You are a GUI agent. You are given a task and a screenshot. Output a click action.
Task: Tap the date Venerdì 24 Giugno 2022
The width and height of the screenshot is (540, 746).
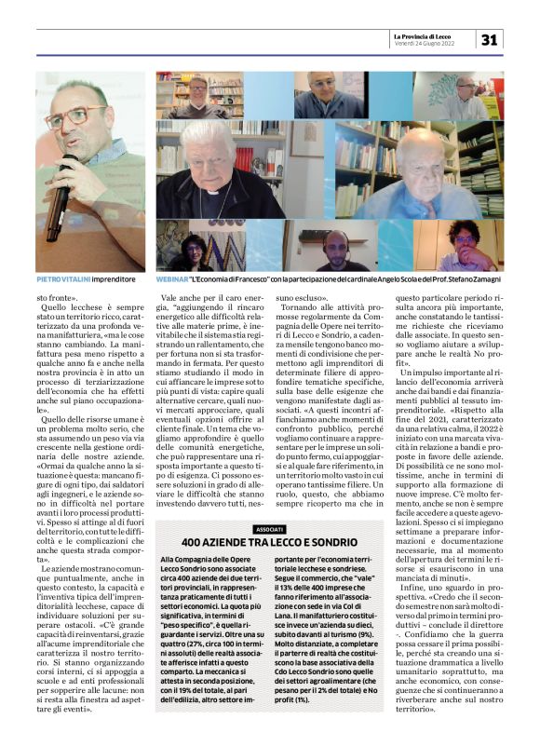tap(425, 43)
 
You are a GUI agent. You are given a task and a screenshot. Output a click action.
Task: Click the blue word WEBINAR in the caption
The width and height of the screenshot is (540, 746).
tap(170, 278)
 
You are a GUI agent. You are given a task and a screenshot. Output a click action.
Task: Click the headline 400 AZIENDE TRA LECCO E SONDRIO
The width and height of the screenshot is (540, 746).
tap(268, 542)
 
